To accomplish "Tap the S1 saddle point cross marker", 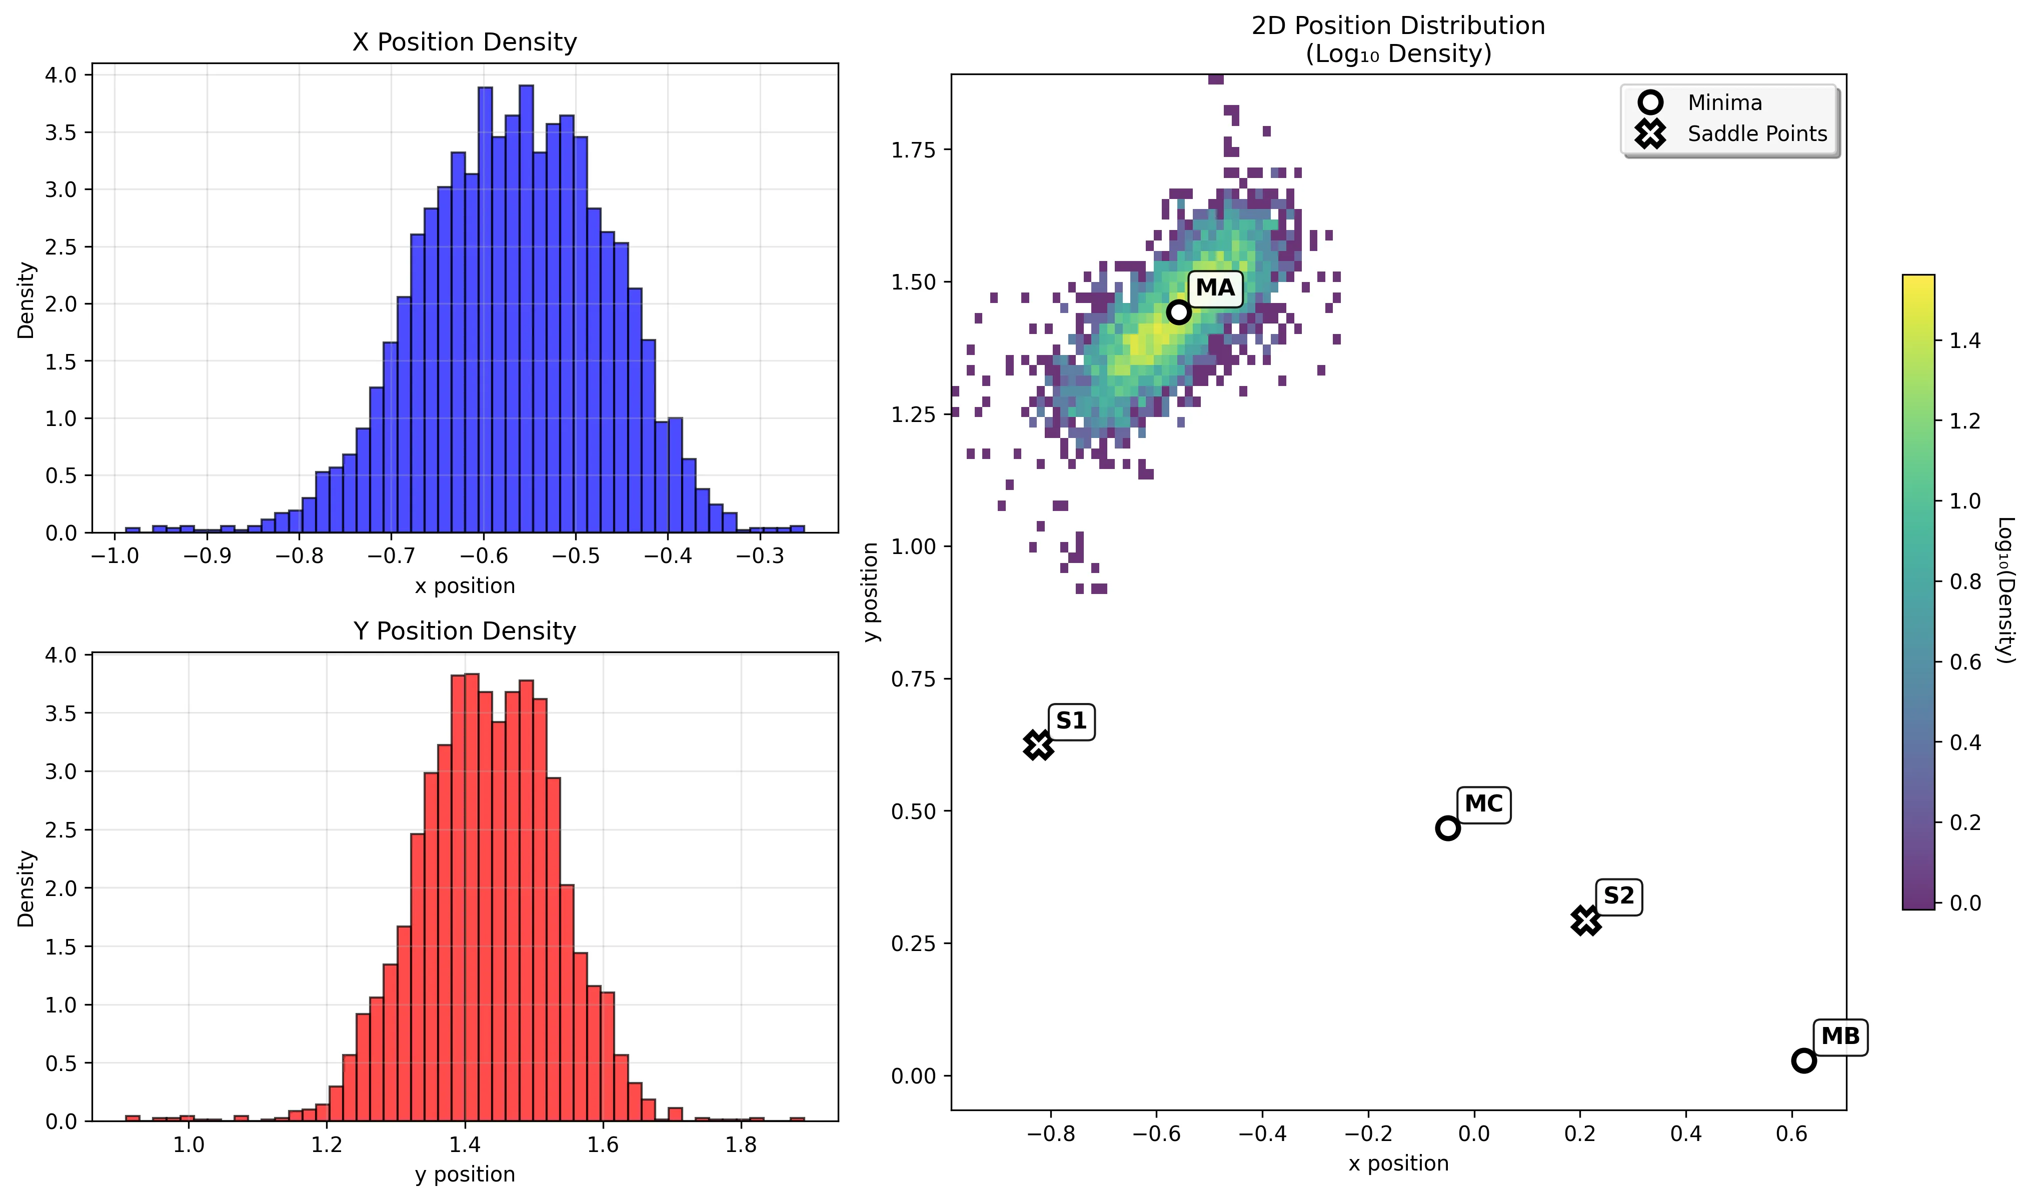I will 1038,744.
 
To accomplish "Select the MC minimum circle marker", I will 1448,828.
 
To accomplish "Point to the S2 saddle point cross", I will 1586,920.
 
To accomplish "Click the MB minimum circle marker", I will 1804,1060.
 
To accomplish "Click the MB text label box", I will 1840,1036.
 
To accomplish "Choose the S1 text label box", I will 1071,720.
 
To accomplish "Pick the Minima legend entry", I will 1724,103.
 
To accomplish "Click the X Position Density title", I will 465,42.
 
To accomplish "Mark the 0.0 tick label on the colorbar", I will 1965,903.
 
